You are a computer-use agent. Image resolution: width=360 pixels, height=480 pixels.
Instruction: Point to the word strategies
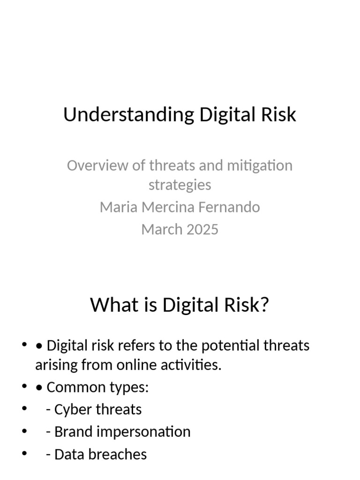[x=180, y=185]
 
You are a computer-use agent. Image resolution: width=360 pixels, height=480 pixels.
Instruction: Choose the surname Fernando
[x=232, y=207]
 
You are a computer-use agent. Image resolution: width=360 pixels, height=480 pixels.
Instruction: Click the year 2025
[x=202, y=229]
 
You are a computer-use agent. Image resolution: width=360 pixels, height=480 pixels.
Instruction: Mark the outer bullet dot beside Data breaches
[x=24, y=454]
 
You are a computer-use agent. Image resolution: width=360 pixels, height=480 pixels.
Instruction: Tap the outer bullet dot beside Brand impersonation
[x=24, y=431]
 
